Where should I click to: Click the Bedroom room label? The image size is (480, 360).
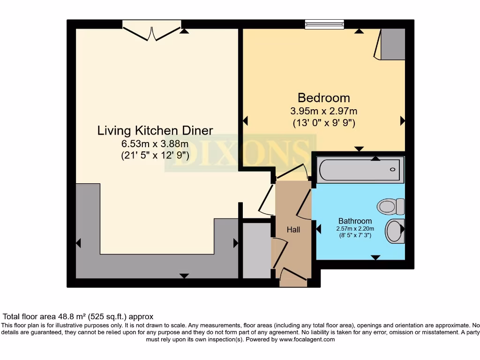click(x=323, y=98)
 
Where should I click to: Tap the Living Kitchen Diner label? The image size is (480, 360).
click(x=155, y=131)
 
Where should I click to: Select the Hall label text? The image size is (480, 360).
click(x=293, y=230)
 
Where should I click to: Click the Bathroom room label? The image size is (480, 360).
click(x=355, y=221)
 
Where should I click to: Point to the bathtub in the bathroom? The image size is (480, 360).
click(x=360, y=170)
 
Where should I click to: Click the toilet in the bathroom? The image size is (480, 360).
click(x=391, y=206)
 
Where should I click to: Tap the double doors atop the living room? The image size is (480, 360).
click(x=152, y=31)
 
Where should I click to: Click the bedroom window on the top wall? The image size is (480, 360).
click(x=324, y=24)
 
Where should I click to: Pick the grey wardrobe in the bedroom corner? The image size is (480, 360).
click(x=392, y=44)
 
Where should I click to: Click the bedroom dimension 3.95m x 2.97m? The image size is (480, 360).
click(x=323, y=112)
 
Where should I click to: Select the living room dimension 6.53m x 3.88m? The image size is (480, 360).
click(x=155, y=144)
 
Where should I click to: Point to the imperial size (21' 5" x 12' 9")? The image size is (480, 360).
click(x=155, y=156)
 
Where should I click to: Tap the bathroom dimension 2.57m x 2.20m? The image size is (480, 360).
click(x=355, y=229)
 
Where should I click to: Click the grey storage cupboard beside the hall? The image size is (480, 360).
click(x=256, y=250)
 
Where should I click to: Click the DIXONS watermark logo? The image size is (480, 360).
click(x=240, y=153)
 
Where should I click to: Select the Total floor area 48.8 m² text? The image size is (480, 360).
click(x=78, y=317)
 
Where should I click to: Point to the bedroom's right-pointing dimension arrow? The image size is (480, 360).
click(x=402, y=121)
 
